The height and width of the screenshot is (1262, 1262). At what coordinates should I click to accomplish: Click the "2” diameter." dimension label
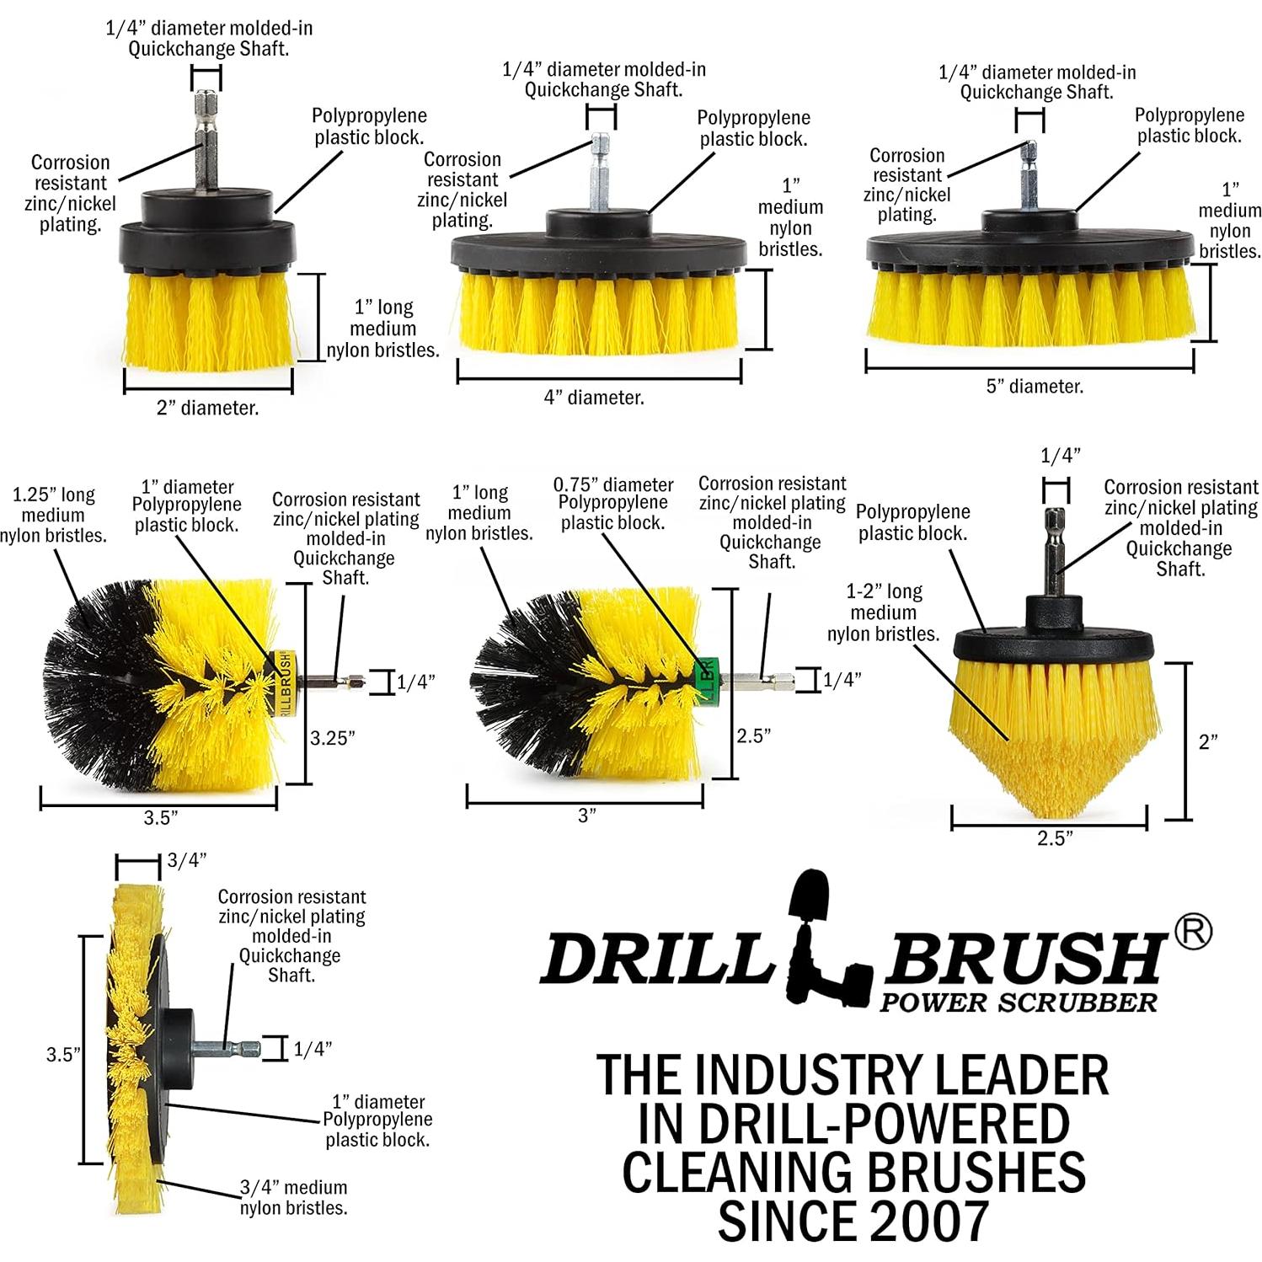coord(207,409)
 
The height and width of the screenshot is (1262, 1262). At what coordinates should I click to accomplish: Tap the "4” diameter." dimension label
coord(593,398)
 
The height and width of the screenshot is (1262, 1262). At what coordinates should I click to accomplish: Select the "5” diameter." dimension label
coord(1035,387)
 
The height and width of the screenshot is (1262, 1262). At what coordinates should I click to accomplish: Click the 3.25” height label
coord(332,738)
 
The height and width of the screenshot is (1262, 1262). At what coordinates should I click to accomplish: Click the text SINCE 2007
coord(853,1221)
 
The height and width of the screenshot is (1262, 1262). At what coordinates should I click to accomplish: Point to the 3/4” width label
coord(187,860)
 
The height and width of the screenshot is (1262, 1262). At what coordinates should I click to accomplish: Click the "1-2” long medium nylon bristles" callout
coord(883,612)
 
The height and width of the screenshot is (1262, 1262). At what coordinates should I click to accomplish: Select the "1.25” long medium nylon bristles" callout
coord(54,515)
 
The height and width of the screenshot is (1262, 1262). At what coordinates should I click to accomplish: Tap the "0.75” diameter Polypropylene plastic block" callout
coord(612,504)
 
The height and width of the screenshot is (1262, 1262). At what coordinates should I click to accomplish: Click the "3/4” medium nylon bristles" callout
coord(293,1197)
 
